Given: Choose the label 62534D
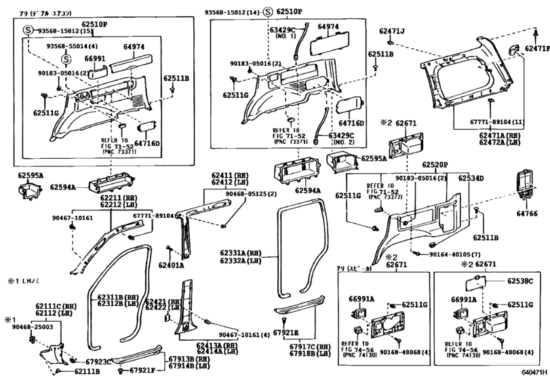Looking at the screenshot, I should click(x=470, y=178).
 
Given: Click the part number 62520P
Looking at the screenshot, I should click(x=436, y=165).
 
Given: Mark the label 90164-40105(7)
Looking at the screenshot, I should click(x=458, y=253).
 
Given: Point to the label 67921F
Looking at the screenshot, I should click(x=142, y=370).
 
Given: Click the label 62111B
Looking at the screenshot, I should click(x=87, y=371).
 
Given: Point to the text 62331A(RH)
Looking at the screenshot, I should click(x=241, y=252).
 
